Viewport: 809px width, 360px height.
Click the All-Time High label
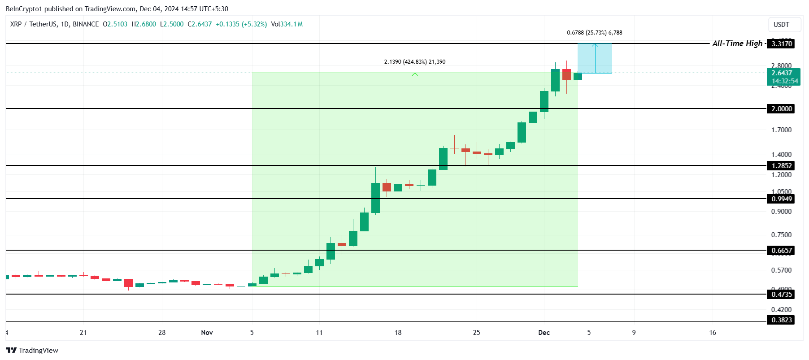737,43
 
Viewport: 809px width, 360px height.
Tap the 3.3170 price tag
781,43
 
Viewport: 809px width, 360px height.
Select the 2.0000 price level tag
781,108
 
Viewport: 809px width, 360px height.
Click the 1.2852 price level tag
781,165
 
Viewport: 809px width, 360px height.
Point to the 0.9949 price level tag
781,199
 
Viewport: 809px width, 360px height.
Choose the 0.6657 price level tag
781,250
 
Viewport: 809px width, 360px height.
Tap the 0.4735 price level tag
781,294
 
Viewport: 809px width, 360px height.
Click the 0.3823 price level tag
781,320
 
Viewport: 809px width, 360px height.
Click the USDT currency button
781,25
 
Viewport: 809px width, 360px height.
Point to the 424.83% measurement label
414,62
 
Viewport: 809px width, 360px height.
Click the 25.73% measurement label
594,33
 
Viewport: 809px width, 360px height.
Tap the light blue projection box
594,58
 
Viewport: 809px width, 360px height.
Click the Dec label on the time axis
544,332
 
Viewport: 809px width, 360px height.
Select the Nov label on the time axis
207,332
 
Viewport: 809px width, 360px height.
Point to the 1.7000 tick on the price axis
781,130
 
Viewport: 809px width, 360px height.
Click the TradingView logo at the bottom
32,350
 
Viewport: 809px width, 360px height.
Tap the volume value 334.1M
291,24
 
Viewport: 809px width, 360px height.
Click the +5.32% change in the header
254,24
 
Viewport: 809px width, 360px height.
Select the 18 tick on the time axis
398,332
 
